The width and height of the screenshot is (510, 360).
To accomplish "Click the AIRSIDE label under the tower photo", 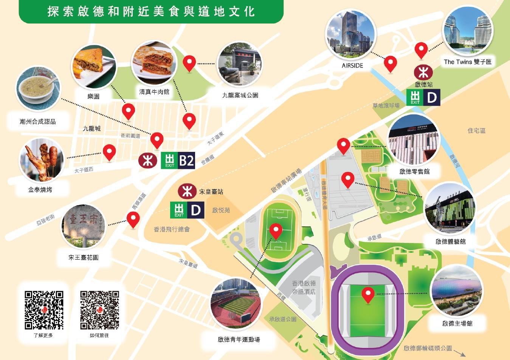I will [352, 65].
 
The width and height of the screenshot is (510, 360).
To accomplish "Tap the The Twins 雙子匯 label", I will [467, 62].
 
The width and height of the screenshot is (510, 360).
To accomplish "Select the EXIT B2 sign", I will [178, 161].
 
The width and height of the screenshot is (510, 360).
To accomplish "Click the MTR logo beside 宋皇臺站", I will [187, 191].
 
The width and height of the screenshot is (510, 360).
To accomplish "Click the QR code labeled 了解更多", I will [44, 310].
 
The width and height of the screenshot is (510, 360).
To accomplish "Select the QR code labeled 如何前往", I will [99, 310].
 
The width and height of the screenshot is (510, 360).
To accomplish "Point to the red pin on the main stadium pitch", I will [368, 295].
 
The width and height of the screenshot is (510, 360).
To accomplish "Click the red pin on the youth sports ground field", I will [276, 231].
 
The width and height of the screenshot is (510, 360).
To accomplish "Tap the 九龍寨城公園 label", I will [240, 95].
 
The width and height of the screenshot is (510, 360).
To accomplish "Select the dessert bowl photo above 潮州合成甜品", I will [37, 89].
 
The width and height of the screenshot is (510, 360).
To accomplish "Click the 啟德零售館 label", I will [414, 171].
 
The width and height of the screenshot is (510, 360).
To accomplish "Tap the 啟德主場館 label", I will [457, 323].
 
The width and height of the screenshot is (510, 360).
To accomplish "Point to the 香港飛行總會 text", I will [172, 229].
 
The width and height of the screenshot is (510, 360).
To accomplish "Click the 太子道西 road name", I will [84, 170].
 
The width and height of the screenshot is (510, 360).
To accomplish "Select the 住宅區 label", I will [476, 130].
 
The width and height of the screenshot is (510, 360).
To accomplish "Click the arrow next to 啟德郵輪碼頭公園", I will [459, 353].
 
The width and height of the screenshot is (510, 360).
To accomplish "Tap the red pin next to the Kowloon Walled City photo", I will [189, 63].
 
